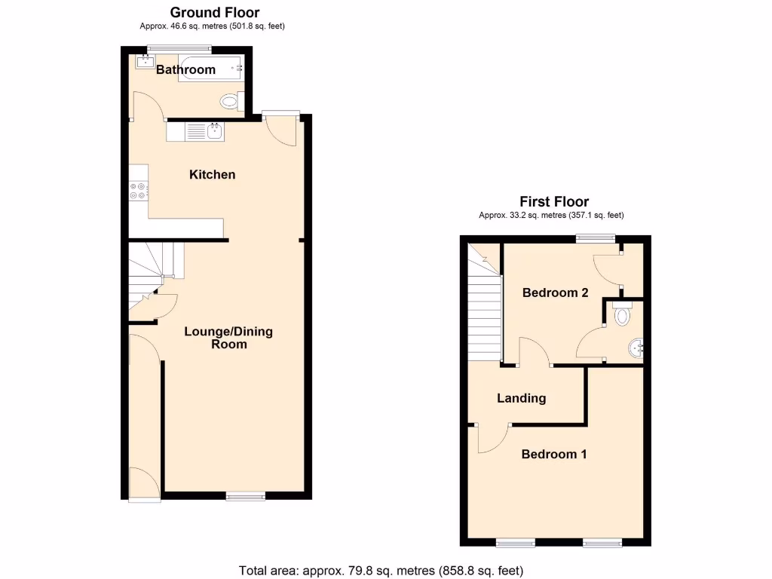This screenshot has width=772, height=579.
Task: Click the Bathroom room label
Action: point(185,69)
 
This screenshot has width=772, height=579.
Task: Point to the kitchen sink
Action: point(214,132)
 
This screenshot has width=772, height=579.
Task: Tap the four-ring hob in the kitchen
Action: point(138,191)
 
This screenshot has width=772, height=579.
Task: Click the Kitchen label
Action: point(212,174)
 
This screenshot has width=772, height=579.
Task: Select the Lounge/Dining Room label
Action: point(229,338)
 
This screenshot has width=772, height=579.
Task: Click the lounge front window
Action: point(246,495)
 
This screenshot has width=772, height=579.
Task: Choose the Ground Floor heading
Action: point(214,12)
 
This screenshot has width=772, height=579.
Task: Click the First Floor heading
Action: point(554,201)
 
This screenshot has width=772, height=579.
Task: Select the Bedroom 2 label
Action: point(555,293)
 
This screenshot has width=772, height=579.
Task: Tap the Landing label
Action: point(521,398)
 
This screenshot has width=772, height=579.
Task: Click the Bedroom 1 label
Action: point(554,454)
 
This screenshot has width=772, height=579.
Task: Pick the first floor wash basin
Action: point(636,347)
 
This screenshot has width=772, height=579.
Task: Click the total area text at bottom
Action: point(381,570)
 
